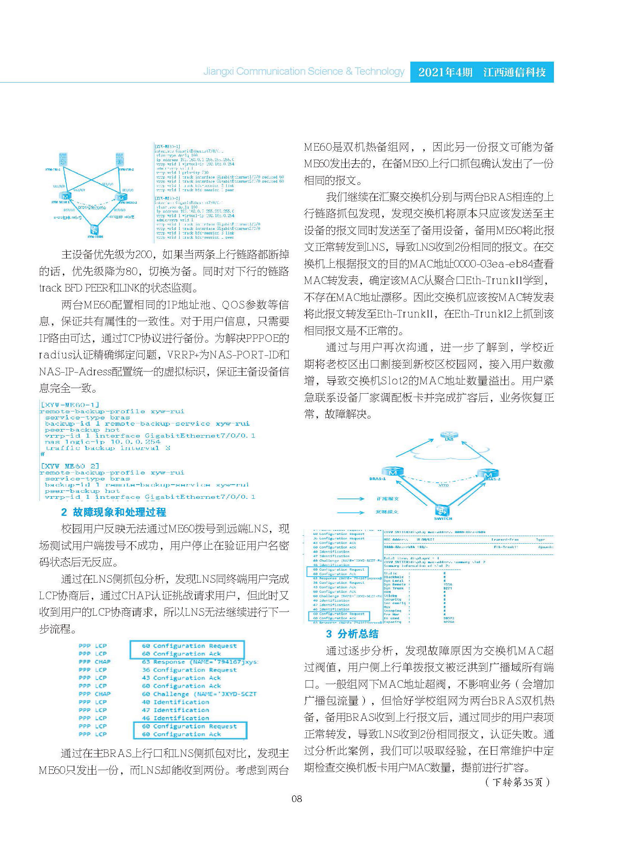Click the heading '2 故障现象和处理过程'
point(114,512)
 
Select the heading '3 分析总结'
point(352,634)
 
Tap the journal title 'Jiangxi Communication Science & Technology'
point(303,71)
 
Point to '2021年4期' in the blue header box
point(445,72)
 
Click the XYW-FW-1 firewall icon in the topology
point(63,159)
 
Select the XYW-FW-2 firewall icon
point(120,159)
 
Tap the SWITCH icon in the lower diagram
point(442,510)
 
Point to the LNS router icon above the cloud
point(446,435)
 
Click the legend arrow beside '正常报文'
point(351,498)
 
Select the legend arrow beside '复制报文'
point(351,512)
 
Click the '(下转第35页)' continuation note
point(518,782)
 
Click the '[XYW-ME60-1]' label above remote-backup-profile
point(70,405)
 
